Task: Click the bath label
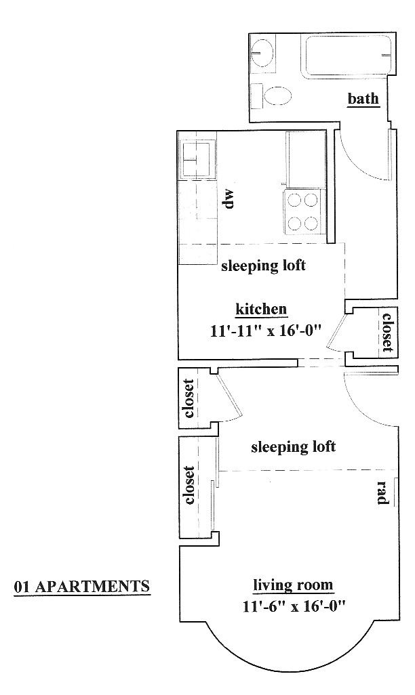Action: point(363,98)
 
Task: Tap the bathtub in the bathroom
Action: point(347,55)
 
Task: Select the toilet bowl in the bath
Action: point(278,95)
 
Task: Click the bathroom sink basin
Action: point(262,52)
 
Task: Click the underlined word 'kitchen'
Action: point(261,309)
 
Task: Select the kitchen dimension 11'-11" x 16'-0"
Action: point(265,330)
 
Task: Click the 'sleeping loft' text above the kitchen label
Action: point(263,266)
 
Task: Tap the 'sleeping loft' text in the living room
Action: point(293,446)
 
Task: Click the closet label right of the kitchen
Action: point(387,332)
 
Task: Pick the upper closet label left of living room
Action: point(189,398)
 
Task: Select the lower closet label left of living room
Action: point(189,484)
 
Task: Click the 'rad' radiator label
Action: point(383,492)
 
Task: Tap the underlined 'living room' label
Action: point(293,585)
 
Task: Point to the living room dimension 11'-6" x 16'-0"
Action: point(294,605)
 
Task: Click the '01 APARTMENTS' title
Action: point(82,587)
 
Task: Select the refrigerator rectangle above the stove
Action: point(307,160)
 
